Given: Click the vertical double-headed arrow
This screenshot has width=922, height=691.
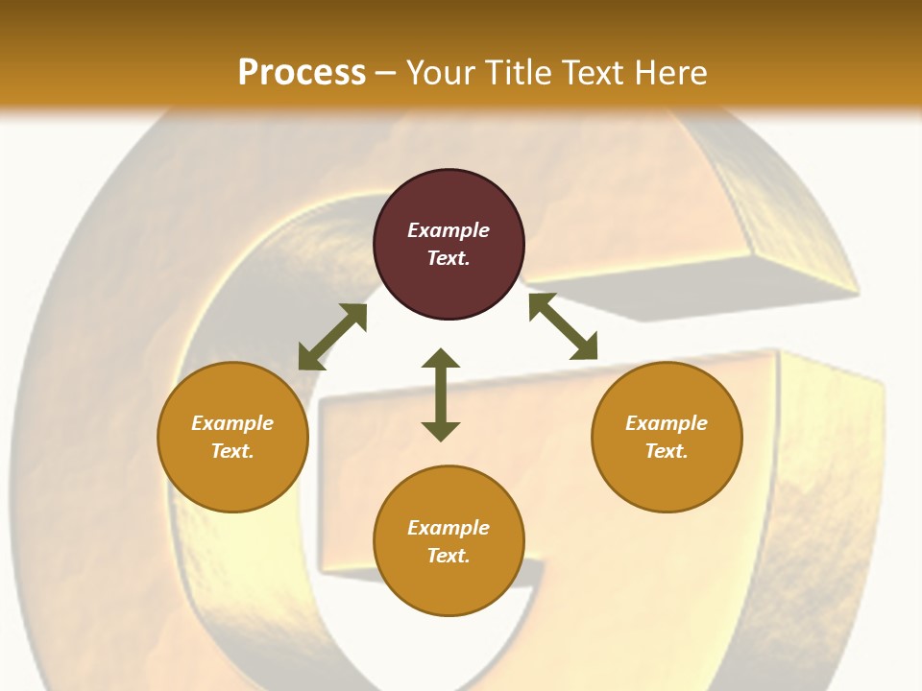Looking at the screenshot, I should click(441, 394).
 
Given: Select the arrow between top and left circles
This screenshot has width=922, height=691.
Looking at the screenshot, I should click(333, 337).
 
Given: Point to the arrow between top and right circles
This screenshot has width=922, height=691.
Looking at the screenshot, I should click(563, 326).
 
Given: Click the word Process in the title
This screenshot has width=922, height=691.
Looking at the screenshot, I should click(302, 73).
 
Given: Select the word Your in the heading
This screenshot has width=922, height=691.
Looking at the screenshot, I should click(439, 73).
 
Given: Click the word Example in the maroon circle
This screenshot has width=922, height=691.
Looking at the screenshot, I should click(449, 230).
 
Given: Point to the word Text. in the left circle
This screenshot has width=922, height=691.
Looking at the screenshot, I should click(232, 451).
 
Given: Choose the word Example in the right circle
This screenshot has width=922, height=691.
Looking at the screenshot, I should click(667, 423).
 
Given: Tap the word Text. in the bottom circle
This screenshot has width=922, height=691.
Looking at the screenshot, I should click(449, 556).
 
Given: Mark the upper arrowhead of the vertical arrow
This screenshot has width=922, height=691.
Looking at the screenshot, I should click(441, 360).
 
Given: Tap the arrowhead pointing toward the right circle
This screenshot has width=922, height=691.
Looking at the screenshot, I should click(585, 347).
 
